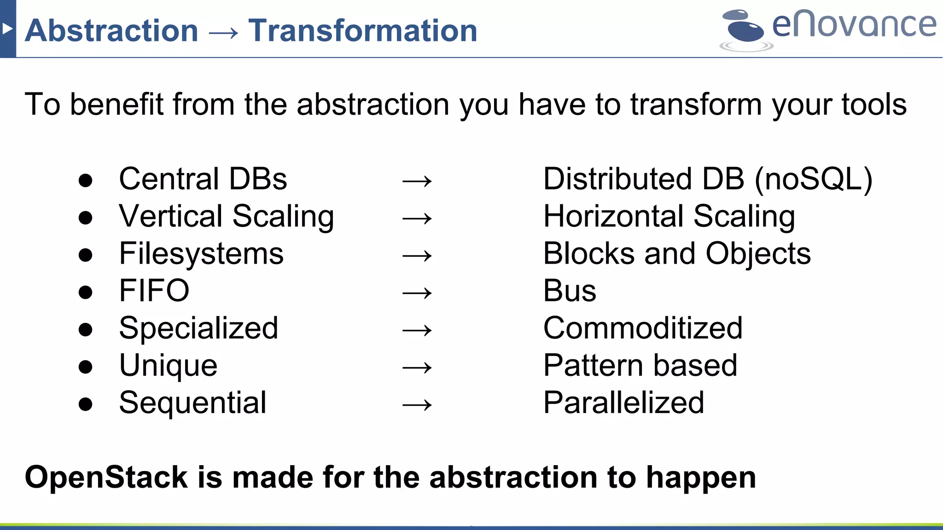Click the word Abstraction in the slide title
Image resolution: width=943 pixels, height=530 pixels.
point(111,30)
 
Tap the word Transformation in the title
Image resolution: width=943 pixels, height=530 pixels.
point(363,30)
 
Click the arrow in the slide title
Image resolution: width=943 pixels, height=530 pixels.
point(223,32)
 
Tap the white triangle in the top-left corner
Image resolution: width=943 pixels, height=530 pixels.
point(7,29)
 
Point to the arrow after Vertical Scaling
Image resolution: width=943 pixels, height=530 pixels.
point(417,218)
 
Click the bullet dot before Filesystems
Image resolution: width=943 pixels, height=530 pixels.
point(85,255)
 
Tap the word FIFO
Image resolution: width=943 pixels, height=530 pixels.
point(154,291)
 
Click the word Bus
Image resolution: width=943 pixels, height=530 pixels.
point(570,291)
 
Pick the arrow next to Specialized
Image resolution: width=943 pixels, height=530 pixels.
point(417,330)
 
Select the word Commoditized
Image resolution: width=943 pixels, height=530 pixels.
point(643,328)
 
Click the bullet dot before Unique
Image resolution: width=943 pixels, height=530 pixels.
point(85,367)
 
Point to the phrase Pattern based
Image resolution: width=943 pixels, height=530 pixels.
point(640,365)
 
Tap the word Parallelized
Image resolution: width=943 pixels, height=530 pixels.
point(623,403)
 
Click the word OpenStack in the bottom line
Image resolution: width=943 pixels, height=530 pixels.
point(106,477)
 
